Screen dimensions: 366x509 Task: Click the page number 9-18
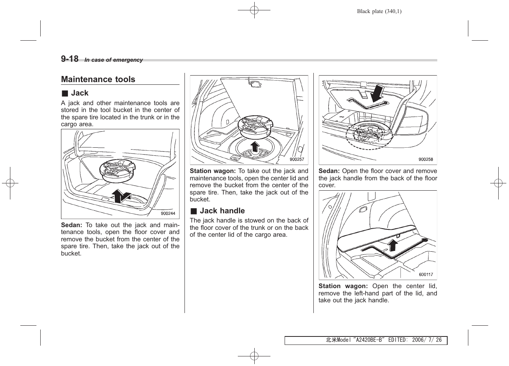tap(69, 59)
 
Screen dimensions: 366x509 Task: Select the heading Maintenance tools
tap(98, 79)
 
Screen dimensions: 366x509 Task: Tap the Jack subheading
tap(79, 93)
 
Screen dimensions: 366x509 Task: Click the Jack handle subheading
tap(222, 211)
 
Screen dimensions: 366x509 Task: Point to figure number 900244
tap(168, 214)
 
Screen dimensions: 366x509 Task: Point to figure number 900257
tap(297, 160)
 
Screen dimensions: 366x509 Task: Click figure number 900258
tap(425, 160)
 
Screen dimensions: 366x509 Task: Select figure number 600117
tap(426, 275)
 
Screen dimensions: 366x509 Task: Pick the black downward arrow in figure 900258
tap(378, 93)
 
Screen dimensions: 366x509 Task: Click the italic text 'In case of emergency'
tap(114, 60)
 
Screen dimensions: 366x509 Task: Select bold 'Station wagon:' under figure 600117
tap(343, 286)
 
